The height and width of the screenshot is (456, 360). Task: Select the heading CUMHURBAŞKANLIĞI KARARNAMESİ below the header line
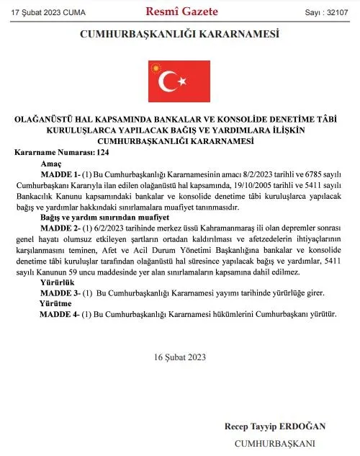click(x=179, y=34)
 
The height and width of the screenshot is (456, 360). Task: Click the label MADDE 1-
click(x=61, y=175)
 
